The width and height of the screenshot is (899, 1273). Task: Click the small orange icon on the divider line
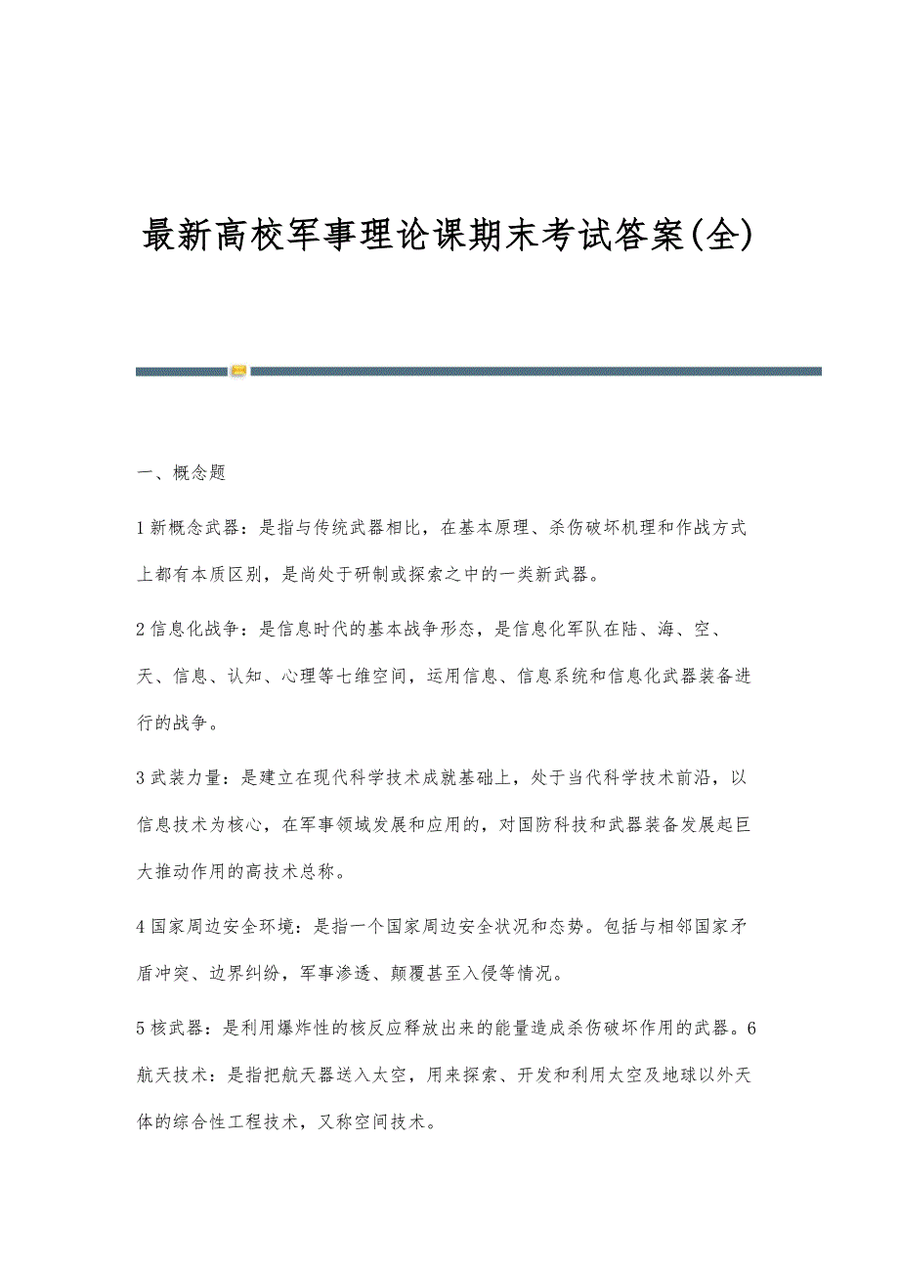[238, 371]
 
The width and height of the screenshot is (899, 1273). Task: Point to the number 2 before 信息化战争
[141, 630]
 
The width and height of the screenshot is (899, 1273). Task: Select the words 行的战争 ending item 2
[177, 724]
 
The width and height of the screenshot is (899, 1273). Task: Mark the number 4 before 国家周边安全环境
[141, 925]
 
